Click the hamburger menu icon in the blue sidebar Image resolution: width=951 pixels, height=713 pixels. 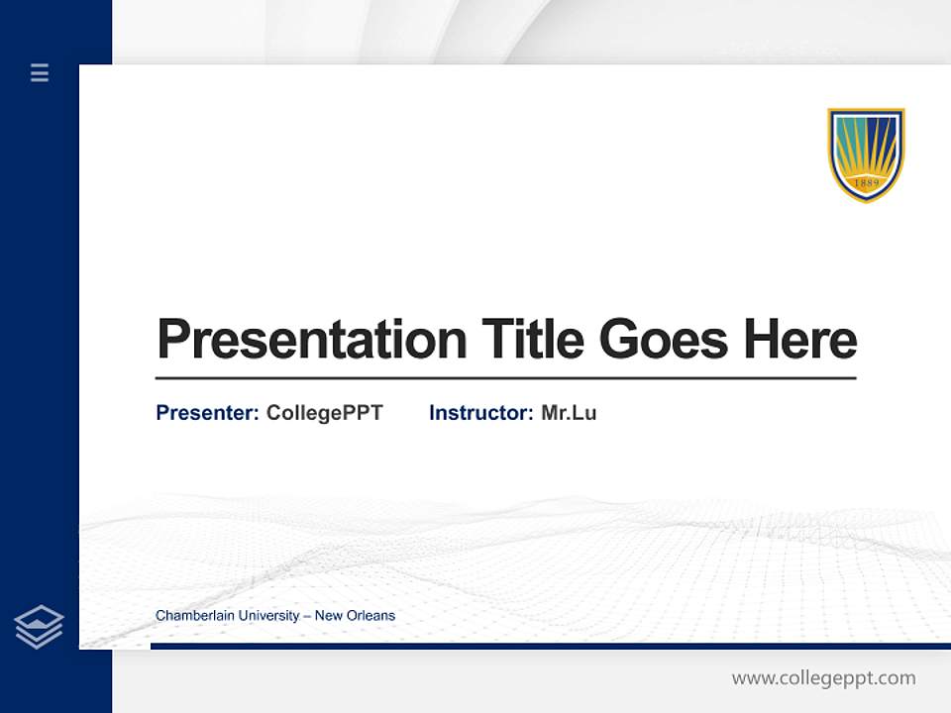click(x=40, y=72)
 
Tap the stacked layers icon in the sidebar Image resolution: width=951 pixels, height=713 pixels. click(x=39, y=627)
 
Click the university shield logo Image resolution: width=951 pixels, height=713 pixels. click(x=866, y=154)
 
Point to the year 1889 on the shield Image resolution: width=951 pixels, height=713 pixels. click(x=866, y=183)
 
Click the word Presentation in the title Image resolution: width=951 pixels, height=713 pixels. click(x=311, y=340)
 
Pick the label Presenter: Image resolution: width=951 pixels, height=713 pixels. click(x=207, y=413)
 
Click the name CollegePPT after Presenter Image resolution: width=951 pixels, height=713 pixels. click(x=324, y=413)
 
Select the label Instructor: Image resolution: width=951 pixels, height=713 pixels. click(x=480, y=413)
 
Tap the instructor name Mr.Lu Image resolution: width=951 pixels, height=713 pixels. click(x=569, y=413)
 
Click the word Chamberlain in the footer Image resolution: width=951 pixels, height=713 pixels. click(x=193, y=616)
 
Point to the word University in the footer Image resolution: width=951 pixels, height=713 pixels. click(x=266, y=616)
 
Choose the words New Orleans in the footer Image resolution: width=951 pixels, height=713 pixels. click(x=355, y=616)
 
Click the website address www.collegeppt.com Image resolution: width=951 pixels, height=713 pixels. click(x=823, y=678)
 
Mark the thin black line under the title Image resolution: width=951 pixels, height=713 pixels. click(x=505, y=377)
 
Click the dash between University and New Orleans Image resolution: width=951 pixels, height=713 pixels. click(x=307, y=616)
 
